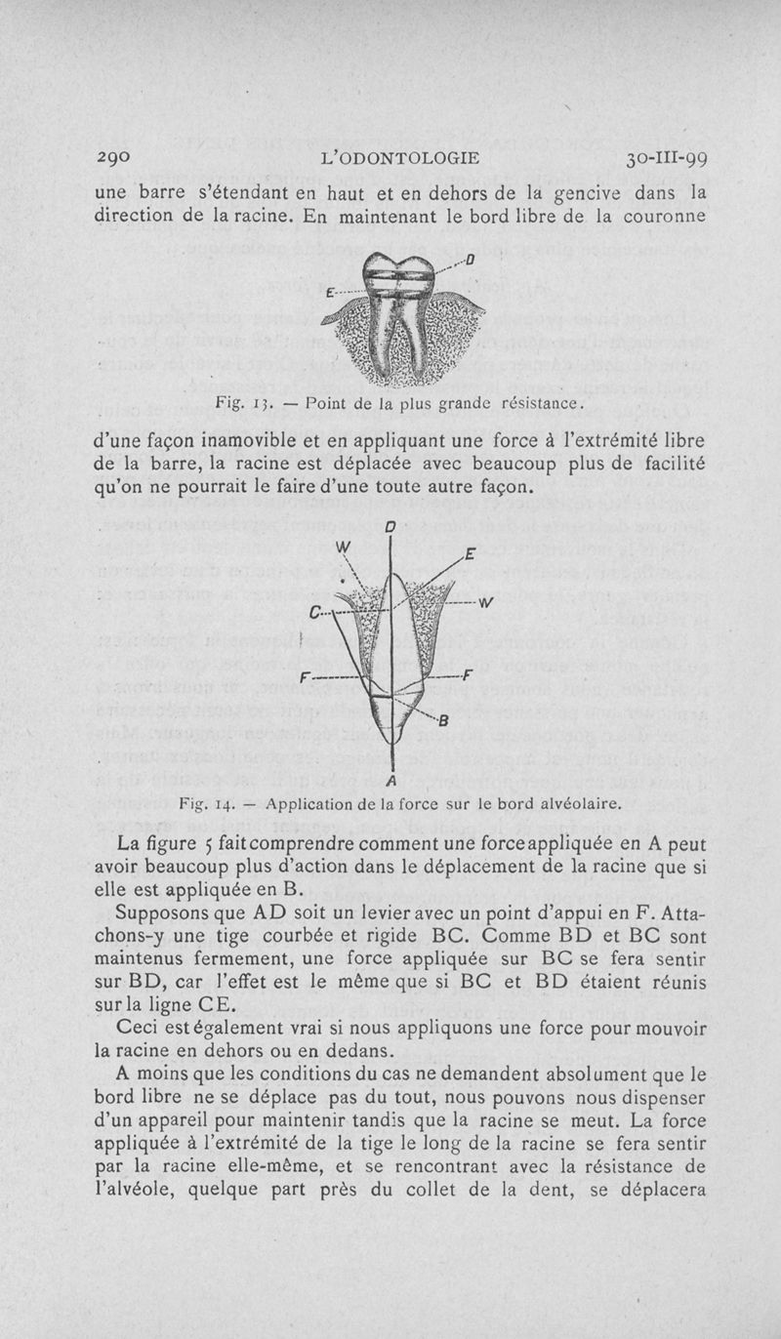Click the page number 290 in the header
[116, 158]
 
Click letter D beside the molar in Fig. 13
[470, 260]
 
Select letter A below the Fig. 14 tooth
[390, 780]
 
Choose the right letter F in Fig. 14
[469, 675]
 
